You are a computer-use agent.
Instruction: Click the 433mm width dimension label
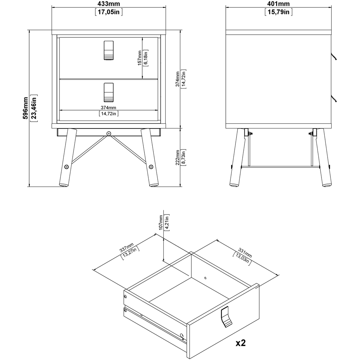tap(109, 4)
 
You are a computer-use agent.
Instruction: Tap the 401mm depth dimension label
tap(279, 4)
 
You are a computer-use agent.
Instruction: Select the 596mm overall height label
tap(26, 108)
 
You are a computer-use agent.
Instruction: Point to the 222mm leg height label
tap(177, 158)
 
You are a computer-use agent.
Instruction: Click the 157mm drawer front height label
tap(140, 58)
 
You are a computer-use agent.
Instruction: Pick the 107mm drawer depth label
tap(161, 222)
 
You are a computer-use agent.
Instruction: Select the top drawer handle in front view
tap(109, 50)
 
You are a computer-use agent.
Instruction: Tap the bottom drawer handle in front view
tap(109, 92)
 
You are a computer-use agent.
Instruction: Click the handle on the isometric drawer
tap(226, 317)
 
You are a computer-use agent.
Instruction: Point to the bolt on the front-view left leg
tap(67, 167)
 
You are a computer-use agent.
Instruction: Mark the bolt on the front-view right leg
tap(151, 167)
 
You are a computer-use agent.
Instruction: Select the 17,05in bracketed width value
tap(109, 12)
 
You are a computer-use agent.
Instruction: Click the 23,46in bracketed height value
tap(34, 108)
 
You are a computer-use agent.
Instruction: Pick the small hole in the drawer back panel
tap(206, 278)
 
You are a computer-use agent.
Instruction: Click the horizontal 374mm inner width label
tap(108, 107)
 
